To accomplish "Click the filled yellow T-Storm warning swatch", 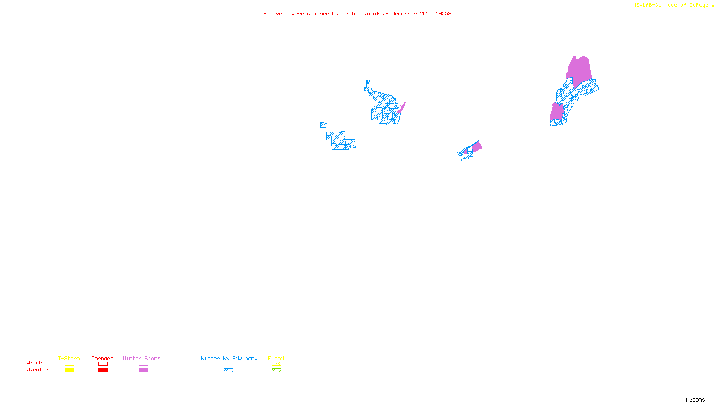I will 69,370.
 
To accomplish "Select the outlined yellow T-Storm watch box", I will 69,364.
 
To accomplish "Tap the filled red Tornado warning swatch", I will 103,370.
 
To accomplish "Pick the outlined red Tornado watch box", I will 103,364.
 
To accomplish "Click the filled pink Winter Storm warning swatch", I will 143,370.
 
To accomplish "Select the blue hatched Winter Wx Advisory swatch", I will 228,370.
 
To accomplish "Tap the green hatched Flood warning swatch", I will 276,370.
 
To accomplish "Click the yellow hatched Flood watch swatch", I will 276,364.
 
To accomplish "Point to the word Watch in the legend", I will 34,363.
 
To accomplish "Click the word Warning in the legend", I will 38,370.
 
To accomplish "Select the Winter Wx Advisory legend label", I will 229,358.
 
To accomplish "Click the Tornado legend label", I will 102,358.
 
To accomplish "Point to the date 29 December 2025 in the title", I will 407,13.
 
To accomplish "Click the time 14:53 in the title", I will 443,13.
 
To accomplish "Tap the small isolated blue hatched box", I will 324,125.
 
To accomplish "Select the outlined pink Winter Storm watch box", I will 143,364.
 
